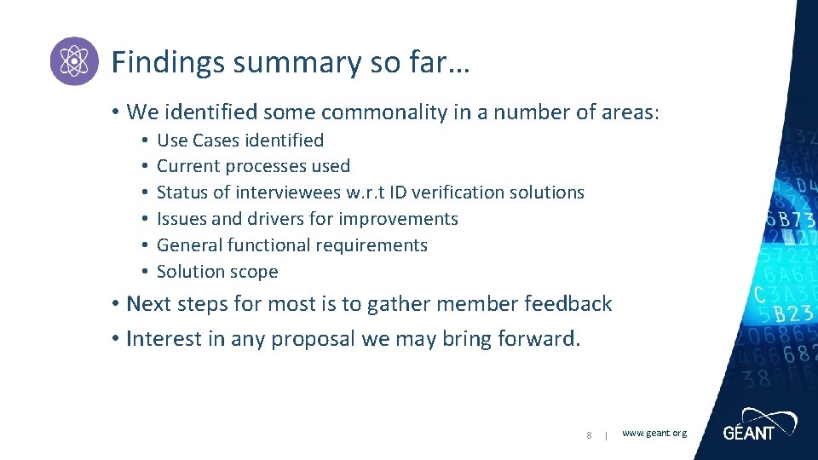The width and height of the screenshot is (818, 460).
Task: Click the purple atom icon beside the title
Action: pyautogui.click(x=74, y=61)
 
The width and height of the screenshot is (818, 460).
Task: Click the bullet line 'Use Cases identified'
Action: pyautogui.click(x=240, y=140)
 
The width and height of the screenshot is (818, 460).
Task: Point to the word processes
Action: pyautogui.click(x=266, y=166)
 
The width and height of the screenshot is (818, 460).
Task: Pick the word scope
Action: pyautogui.click(x=254, y=272)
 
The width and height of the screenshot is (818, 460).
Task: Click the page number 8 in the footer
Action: pyautogui.click(x=589, y=436)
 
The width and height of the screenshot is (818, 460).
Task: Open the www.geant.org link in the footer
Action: pyautogui.click(x=654, y=434)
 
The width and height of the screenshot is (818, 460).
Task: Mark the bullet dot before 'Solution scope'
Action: pyautogui.click(x=146, y=272)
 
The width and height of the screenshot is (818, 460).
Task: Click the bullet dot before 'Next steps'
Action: pyautogui.click(x=114, y=304)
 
